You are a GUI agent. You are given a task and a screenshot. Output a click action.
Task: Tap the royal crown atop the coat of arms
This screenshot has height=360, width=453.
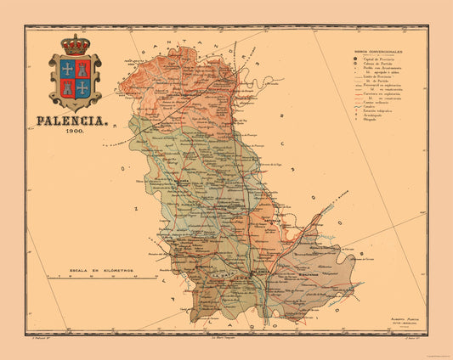point(76,45)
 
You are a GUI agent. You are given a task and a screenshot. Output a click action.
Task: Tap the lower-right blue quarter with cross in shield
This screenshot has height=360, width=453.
point(83,87)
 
